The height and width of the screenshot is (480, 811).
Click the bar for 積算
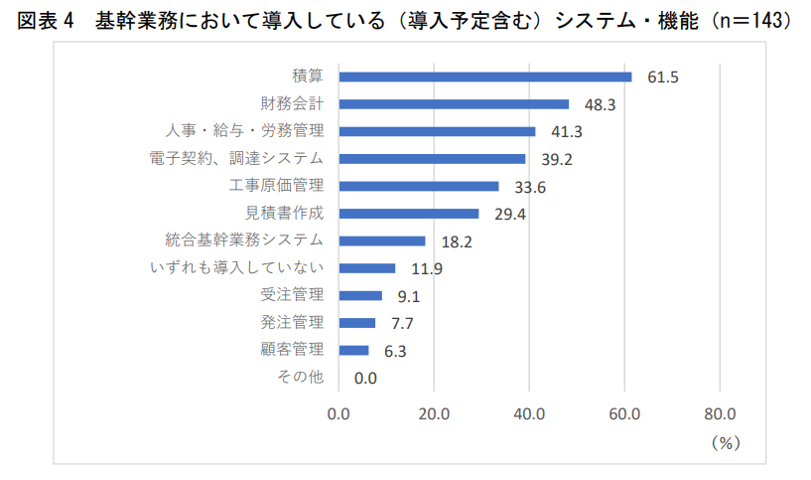484,77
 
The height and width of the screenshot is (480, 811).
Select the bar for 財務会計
454,103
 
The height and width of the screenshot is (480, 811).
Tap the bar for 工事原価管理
418,186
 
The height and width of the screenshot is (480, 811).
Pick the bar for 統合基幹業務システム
381,240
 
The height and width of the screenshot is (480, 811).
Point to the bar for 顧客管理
353,350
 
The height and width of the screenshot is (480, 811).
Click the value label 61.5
662,78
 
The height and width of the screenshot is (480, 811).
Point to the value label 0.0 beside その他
365,378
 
